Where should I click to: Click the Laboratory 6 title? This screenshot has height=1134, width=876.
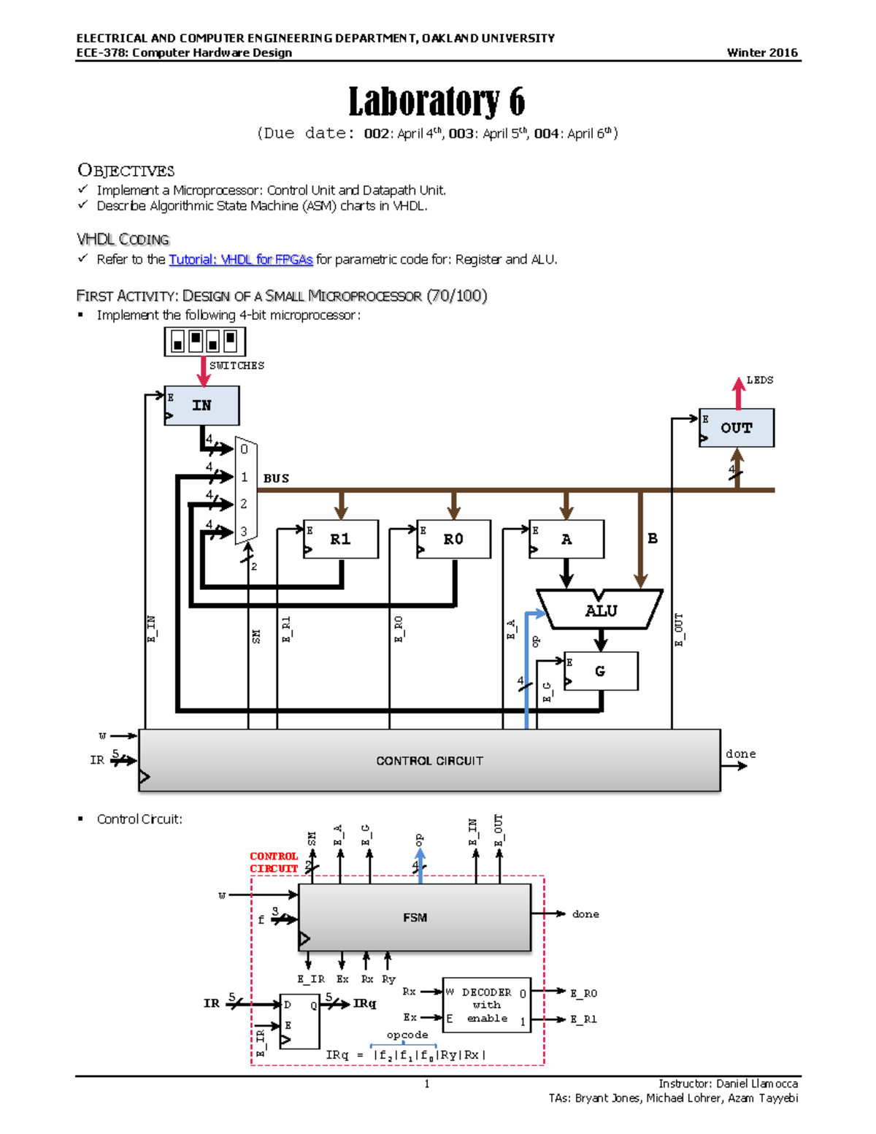[436, 101]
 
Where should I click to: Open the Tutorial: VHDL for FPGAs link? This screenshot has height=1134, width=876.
[240, 259]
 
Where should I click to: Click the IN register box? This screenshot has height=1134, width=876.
[201, 405]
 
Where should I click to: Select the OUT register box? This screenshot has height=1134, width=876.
[736, 428]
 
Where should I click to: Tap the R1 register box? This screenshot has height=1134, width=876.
[340, 539]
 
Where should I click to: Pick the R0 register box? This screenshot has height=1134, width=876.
[453, 539]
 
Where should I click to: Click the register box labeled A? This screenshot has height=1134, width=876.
[566, 539]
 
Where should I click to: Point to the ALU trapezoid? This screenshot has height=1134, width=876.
[600, 610]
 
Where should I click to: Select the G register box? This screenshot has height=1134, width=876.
[600, 671]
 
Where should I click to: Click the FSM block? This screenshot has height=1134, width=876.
[415, 917]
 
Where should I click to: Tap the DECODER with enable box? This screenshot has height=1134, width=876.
[486, 1005]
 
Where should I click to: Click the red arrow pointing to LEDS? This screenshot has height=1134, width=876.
[739, 393]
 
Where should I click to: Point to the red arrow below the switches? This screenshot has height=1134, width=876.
[204, 371]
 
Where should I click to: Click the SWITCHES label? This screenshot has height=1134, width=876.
[237, 365]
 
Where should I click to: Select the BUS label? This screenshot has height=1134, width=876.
[276, 478]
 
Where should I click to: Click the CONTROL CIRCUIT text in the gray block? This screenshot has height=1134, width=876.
[429, 760]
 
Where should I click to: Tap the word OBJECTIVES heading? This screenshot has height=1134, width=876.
[126, 170]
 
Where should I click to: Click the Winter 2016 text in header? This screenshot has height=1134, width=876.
[762, 53]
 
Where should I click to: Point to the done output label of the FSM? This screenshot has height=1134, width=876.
[585, 913]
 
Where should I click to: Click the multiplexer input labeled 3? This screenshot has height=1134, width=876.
[244, 532]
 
